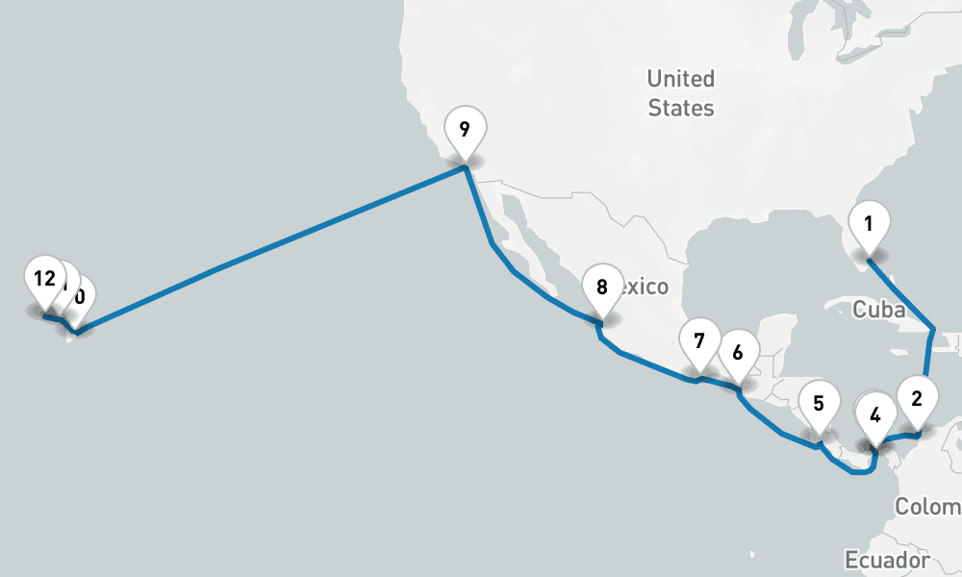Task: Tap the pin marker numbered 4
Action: point(874,415)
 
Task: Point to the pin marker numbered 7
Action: point(699,341)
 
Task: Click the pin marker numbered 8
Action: point(602,288)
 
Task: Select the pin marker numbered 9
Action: point(465,129)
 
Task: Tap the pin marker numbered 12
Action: point(43,280)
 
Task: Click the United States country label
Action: point(681,92)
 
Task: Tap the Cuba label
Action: point(878,310)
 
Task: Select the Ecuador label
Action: point(886,560)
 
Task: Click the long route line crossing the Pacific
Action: point(269,247)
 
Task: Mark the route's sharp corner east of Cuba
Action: point(931,332)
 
